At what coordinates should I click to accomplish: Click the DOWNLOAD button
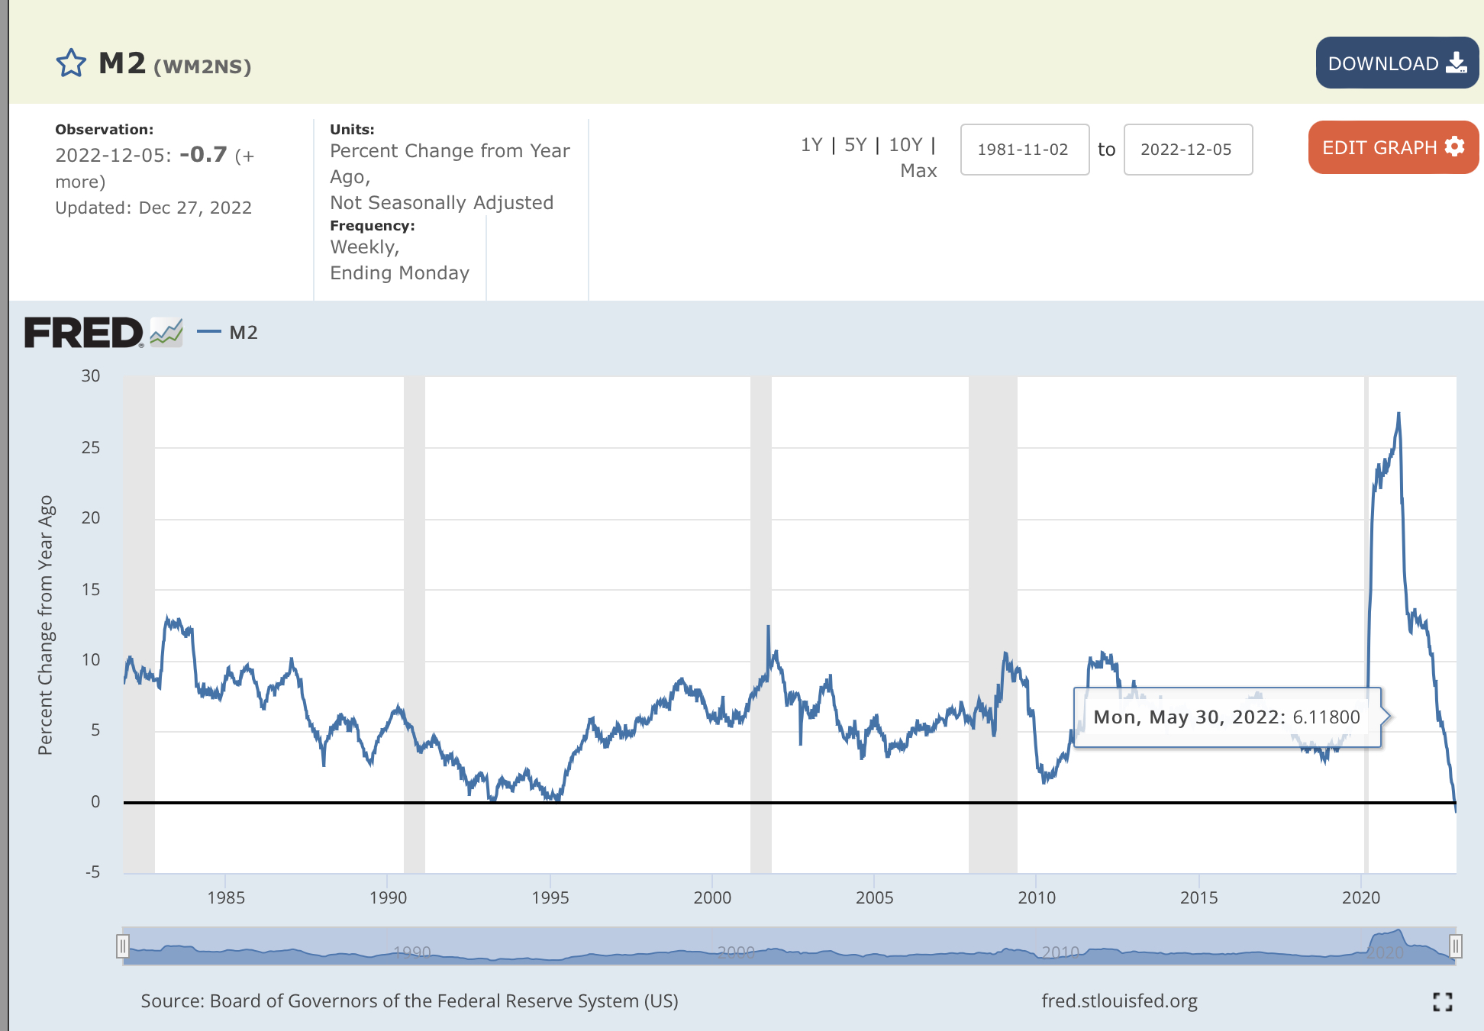pos(1396,63)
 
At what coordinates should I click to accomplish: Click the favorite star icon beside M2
pos(71,63)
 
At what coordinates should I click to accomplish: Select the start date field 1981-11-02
pos(1024,150)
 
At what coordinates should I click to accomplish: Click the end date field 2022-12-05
pos(1187,150)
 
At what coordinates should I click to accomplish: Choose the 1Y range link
pos(811,145)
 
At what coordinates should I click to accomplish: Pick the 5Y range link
pos(855,145)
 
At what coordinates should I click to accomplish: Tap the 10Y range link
pos(905,145)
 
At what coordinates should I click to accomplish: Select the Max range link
pos(918,171)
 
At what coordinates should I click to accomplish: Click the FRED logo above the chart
pos(84,333)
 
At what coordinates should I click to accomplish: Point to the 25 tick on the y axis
pos(91,448)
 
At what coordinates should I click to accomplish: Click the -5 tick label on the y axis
pos(92,872)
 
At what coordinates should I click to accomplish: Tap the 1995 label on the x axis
pos(550,897)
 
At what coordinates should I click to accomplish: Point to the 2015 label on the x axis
pos(1198,897)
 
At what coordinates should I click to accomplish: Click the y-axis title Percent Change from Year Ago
pos(46,626)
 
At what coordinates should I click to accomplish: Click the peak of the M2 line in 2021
pos(1399,414)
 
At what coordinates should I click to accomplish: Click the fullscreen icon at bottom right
pos(1442,1002)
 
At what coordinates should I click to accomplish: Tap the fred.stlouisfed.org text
pos(1119,1001)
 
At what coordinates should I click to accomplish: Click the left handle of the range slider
pos(122,947)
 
